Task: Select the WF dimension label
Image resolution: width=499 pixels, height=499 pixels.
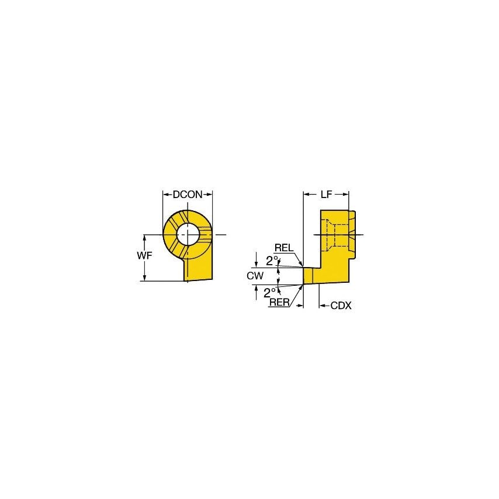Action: [133, 257]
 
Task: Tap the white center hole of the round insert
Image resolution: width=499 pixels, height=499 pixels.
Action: [188, 234]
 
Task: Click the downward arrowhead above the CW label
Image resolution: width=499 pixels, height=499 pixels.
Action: [256, 264]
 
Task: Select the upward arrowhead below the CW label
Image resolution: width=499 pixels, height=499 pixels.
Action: [256, 288]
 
